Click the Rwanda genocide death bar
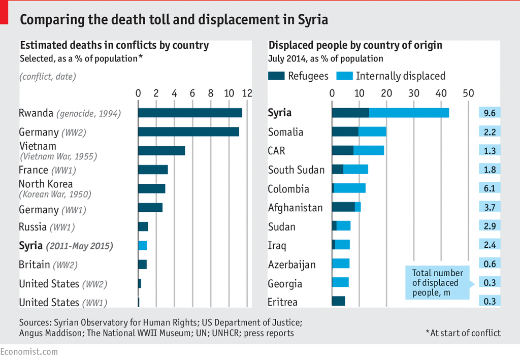click(x=190, y=113)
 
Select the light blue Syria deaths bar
click(x=143, y=246)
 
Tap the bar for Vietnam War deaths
click(x=161, y=151)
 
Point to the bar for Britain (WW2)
click(x=143, y=265)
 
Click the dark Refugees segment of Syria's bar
click(x=350, y=113)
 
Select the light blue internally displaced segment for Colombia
click(x=350, y=188)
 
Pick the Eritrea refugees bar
click(x=339, y=301)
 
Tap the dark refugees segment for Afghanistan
click(x=343, y=207)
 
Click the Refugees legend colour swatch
click(x=276, y=76)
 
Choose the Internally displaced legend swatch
click(x=344, y=76)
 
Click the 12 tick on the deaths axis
click(x=247, y=93)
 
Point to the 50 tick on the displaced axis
click(x=468, y=93)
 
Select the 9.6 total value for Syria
click(x=490, y=113)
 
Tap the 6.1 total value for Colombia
click(x=490, y=188)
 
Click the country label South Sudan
click(x=296, y=170)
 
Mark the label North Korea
click(x=46, y=184)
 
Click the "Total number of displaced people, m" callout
click(x=437, y=282)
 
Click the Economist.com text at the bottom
click(x=29, y=352)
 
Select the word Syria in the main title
click(x=313, y=20)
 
